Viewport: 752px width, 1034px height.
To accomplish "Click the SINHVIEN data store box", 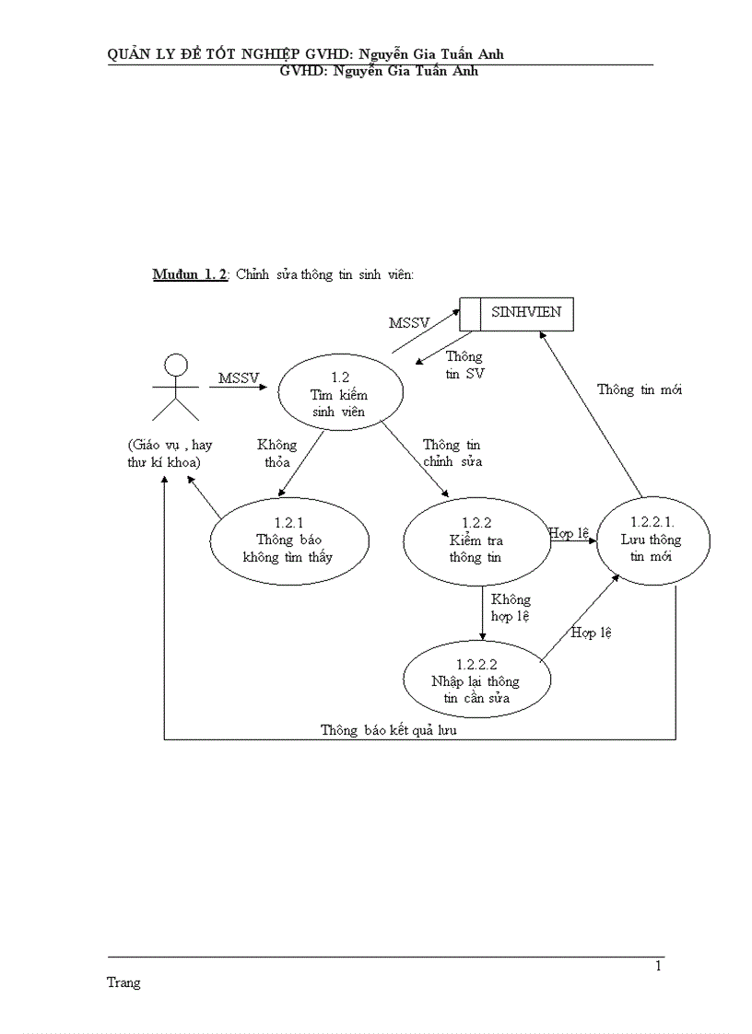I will point(517,313).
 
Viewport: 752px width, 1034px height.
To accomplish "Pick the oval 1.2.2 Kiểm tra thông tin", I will point(476,540).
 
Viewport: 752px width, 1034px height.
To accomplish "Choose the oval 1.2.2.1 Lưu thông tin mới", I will point(652,540).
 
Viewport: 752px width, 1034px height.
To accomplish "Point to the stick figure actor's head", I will point(175,366).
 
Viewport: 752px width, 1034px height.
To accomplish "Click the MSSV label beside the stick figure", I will point(239,378).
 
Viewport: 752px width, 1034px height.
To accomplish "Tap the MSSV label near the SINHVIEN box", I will point(408,323).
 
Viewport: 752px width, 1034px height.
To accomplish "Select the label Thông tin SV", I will point(464,366).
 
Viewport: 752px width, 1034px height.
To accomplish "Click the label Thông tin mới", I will point(640,389).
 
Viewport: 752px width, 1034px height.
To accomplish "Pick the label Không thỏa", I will point(276,453).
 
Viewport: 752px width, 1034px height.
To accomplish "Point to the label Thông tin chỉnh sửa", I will point(452,453).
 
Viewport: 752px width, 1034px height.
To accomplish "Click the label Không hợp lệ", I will point(511,608).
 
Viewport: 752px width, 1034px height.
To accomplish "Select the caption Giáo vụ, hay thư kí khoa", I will point(170,453).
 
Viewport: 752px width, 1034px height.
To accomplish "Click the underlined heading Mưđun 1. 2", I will point(190,275).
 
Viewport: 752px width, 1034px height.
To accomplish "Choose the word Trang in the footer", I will point(123,982).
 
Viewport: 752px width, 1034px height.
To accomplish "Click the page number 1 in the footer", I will point(658,966).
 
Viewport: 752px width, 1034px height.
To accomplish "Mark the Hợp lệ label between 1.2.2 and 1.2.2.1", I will point(569,533).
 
